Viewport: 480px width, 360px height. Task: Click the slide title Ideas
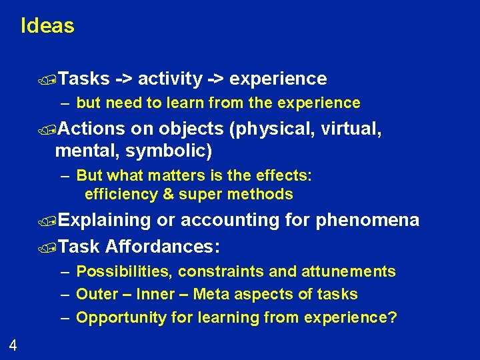tap(47, 26)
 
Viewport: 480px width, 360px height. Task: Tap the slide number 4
tap(13, 345)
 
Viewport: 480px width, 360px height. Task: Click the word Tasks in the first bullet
tap(84, 79)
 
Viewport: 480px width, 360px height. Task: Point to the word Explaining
tap(105, 220)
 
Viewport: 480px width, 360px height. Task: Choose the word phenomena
tap(367, 220)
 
